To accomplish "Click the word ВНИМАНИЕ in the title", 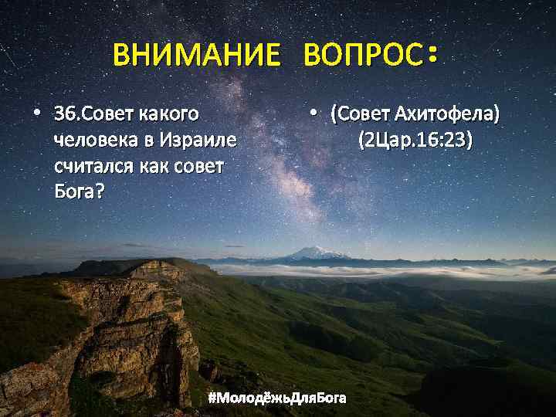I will (x=196, y=56).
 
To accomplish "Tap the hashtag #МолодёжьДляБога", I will (x=277, y=398).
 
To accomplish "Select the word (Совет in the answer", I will (x=359, y=116).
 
